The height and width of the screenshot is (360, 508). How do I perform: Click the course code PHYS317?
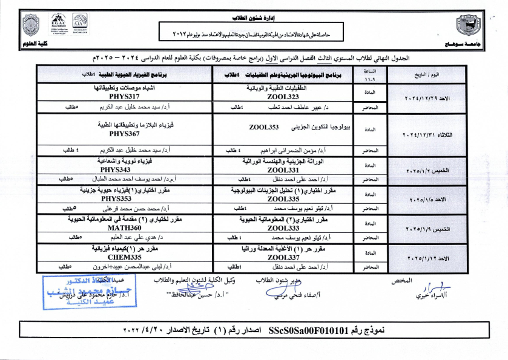coord(125,96)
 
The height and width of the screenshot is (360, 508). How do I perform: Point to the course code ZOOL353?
coord(264,128)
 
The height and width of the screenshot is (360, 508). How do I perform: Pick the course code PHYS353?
coord(117,198)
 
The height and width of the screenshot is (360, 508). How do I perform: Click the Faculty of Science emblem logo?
coord(30,25)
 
